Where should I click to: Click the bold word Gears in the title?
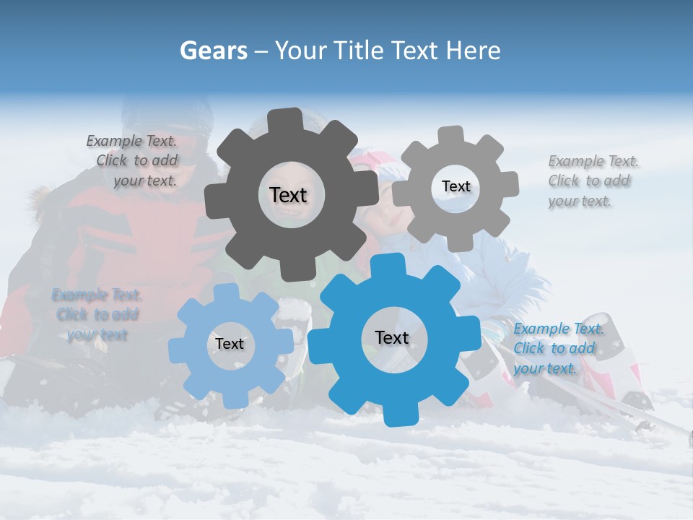[213, 51]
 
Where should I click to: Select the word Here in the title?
[474, 51]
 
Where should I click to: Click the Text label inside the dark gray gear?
[288, 195]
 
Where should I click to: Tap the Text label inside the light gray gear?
[456, 186]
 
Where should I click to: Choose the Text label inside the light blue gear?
[230, 344]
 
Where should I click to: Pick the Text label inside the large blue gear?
[392, 337]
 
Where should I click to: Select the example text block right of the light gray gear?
[593, 181]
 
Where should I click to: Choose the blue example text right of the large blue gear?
[558, 349]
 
